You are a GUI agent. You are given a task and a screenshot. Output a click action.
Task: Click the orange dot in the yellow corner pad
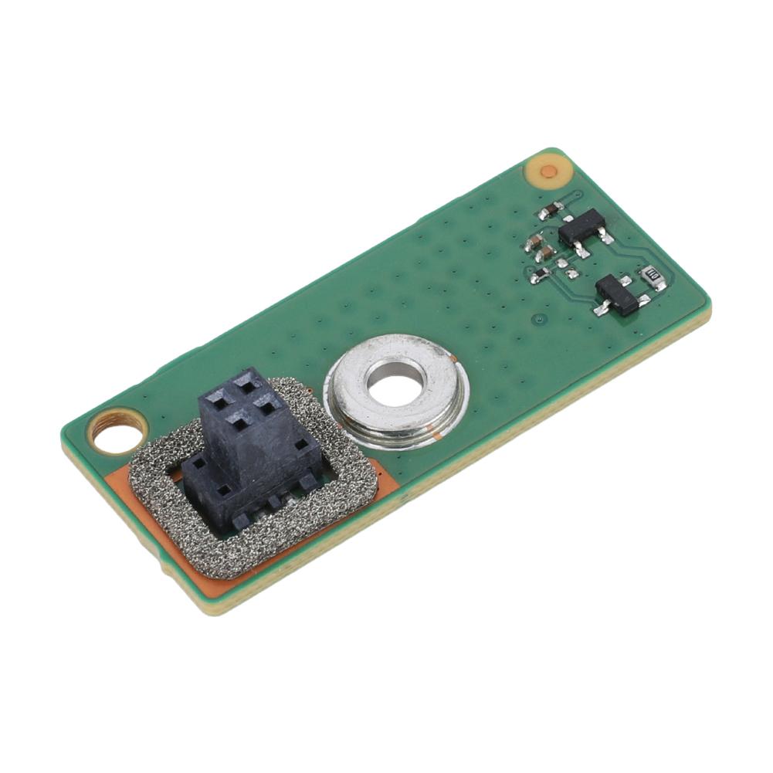pos(548,171)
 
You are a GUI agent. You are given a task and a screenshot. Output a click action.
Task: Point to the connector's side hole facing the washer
pos(300,445)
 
